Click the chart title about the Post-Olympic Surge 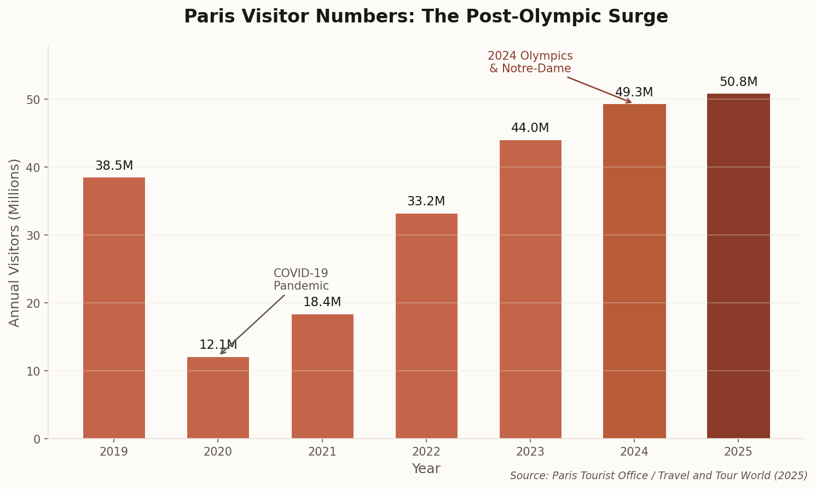(x=426, y=16)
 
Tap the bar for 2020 (x=218, y=398)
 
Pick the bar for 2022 (x=426, y=326)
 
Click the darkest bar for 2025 (x=738, y=266)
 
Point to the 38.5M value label (x=114, y=166)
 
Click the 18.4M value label (x=322, y=302)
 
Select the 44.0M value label (x=530, y=128)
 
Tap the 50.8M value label (x=738, y=82)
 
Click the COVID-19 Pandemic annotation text (x=301, y=280)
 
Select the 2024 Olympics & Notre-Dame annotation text (x=530, y=62)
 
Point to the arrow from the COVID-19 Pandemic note (x=252, y=324)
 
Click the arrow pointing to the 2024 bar (x=599, y=90)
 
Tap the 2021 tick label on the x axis (x=322, y=452)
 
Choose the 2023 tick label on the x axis (x=530, y=452)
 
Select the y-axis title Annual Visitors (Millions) (x=15, y=243)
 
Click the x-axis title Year (x=426, y=469)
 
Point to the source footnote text (x=658, y=476)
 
